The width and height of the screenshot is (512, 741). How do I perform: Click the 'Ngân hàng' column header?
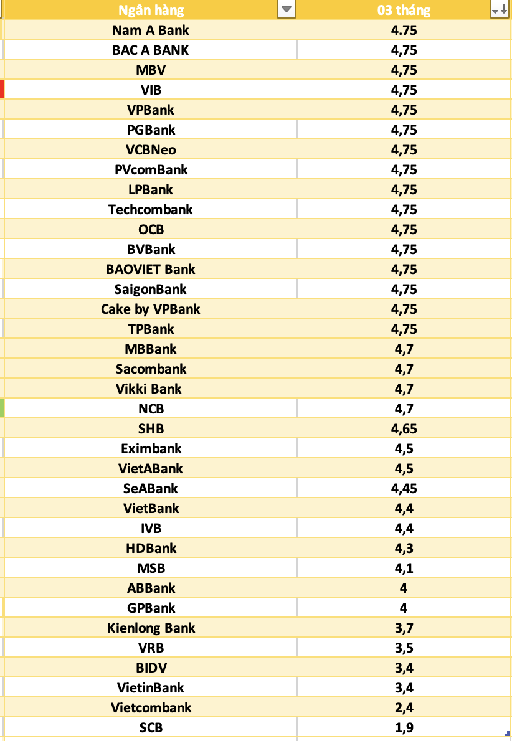(x=151, y=10)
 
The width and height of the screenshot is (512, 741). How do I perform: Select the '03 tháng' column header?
(x=404, y=10)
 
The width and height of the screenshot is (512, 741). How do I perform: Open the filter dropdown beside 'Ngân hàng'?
(x=286, y=10)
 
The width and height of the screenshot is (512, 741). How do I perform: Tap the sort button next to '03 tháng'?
(x=500, y=10)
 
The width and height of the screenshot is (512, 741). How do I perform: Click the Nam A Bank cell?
(x=151, y=30)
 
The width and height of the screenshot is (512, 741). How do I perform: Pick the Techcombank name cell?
(x=151, y=209)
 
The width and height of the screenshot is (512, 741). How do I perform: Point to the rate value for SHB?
(x=404, y=428)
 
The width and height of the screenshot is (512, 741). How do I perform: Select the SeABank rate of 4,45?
(x=404, y=488)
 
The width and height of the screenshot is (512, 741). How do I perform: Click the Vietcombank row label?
(x=151, y=707)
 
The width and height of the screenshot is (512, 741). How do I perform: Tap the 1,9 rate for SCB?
(x=404, y=727)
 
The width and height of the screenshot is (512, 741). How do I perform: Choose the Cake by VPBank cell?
(x=151, y=309)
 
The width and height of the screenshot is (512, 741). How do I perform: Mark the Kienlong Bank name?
(x=151, y=628)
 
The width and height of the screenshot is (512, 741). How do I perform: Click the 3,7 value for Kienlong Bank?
(x=404, y=628)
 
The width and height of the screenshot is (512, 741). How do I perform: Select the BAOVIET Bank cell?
(x=151, y=269)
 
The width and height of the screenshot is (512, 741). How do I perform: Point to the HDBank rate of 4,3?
(x=404, y=548)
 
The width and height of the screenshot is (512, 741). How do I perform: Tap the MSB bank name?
(x=151, y=568)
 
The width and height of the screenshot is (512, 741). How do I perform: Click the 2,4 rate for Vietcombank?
(x=404, y=707)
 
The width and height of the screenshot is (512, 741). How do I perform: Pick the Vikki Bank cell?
(x=151, y=389)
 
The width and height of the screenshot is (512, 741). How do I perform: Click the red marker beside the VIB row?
(x=2, y=89)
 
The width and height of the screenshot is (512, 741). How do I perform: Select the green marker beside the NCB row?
(x=2, y=408)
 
